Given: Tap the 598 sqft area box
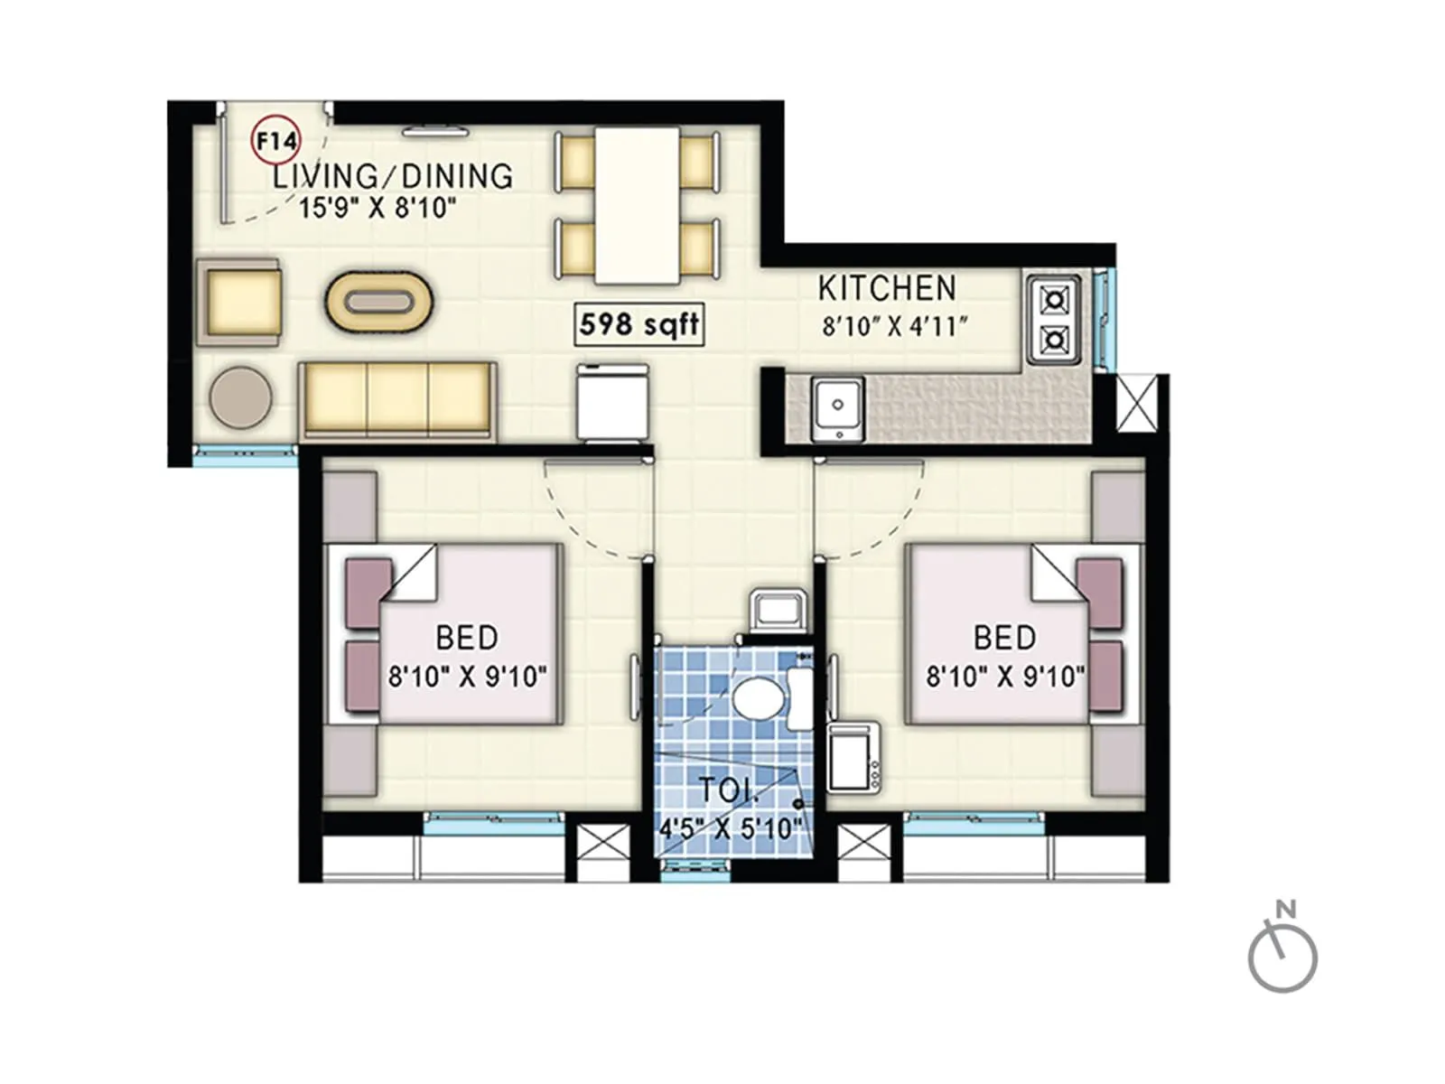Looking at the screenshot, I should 639,324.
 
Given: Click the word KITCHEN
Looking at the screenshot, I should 886,288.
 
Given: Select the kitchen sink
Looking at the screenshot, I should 838,409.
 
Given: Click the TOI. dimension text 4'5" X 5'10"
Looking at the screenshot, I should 730,827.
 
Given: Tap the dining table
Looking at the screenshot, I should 637,205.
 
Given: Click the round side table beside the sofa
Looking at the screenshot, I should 241,397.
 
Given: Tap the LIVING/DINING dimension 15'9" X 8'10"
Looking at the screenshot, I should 377,209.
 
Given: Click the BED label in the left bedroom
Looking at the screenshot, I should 466,638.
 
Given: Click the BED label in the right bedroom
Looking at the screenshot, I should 1004,638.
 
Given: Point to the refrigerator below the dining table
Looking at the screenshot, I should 613,402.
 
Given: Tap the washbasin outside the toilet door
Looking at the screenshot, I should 778,608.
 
